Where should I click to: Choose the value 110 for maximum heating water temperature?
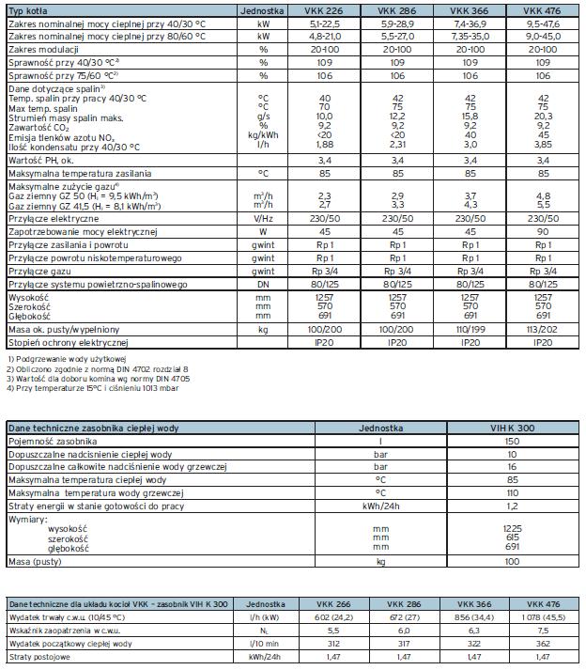point(511,493)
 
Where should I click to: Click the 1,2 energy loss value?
point(511,506)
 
